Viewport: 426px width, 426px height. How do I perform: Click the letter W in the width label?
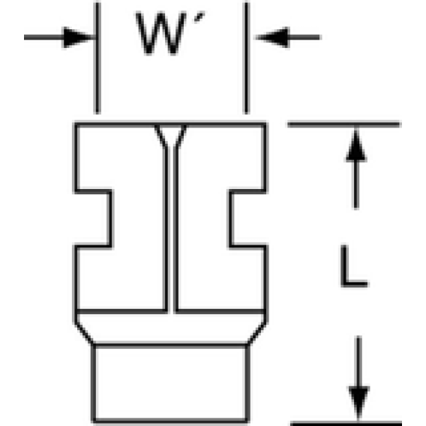(160, 33)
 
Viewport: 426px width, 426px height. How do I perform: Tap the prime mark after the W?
(199, 18)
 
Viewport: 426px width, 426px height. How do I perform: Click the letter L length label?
(354, 265)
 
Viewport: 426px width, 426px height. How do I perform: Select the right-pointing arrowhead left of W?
(78, 37)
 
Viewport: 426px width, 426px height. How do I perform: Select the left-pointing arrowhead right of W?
(272, 37)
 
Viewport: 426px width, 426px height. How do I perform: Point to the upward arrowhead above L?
(356, 146)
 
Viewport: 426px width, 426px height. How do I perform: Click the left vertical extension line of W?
(97, 58)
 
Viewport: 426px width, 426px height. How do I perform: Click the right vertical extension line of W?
(247, 58)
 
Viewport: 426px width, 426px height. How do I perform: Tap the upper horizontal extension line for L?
(344, 124)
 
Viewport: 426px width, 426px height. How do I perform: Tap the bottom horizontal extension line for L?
(346, 423)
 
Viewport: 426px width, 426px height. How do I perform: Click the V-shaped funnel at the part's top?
(170, 136)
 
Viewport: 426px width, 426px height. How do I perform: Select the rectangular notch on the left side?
(93, 219)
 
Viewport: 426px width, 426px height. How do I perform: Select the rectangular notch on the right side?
(247, 219)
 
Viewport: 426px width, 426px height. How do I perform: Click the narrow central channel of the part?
(171, 231)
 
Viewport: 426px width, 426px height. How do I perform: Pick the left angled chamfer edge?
(84, 334)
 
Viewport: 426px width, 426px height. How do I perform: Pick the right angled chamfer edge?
(256, 334)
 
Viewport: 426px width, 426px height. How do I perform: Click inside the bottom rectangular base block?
(170, 383)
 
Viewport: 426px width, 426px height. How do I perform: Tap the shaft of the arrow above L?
(356, 184)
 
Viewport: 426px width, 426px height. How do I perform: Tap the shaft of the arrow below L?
(359, 361)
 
